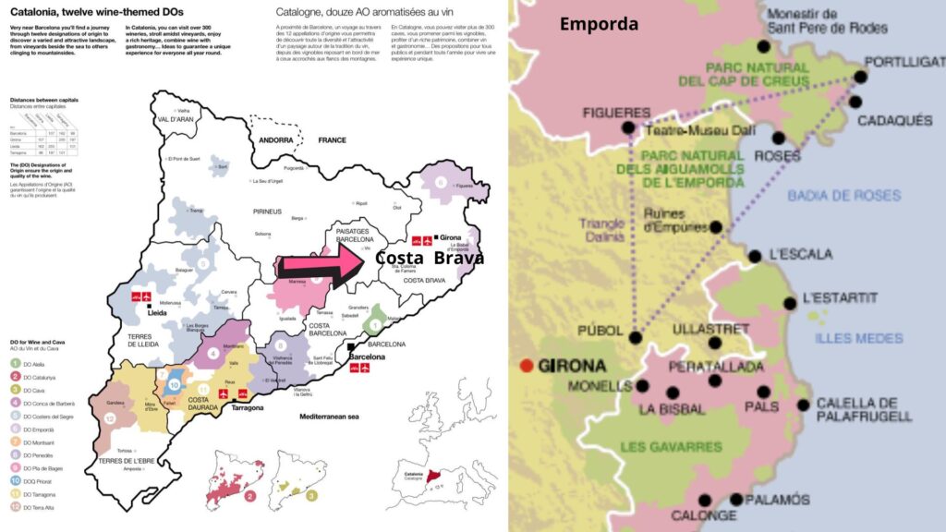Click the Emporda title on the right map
(599, 24)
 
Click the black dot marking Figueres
(629, 128)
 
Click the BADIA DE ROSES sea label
(831, 195)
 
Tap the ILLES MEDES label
(858, 338)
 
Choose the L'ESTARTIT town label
(840, 297)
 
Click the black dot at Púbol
(636, 337)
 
